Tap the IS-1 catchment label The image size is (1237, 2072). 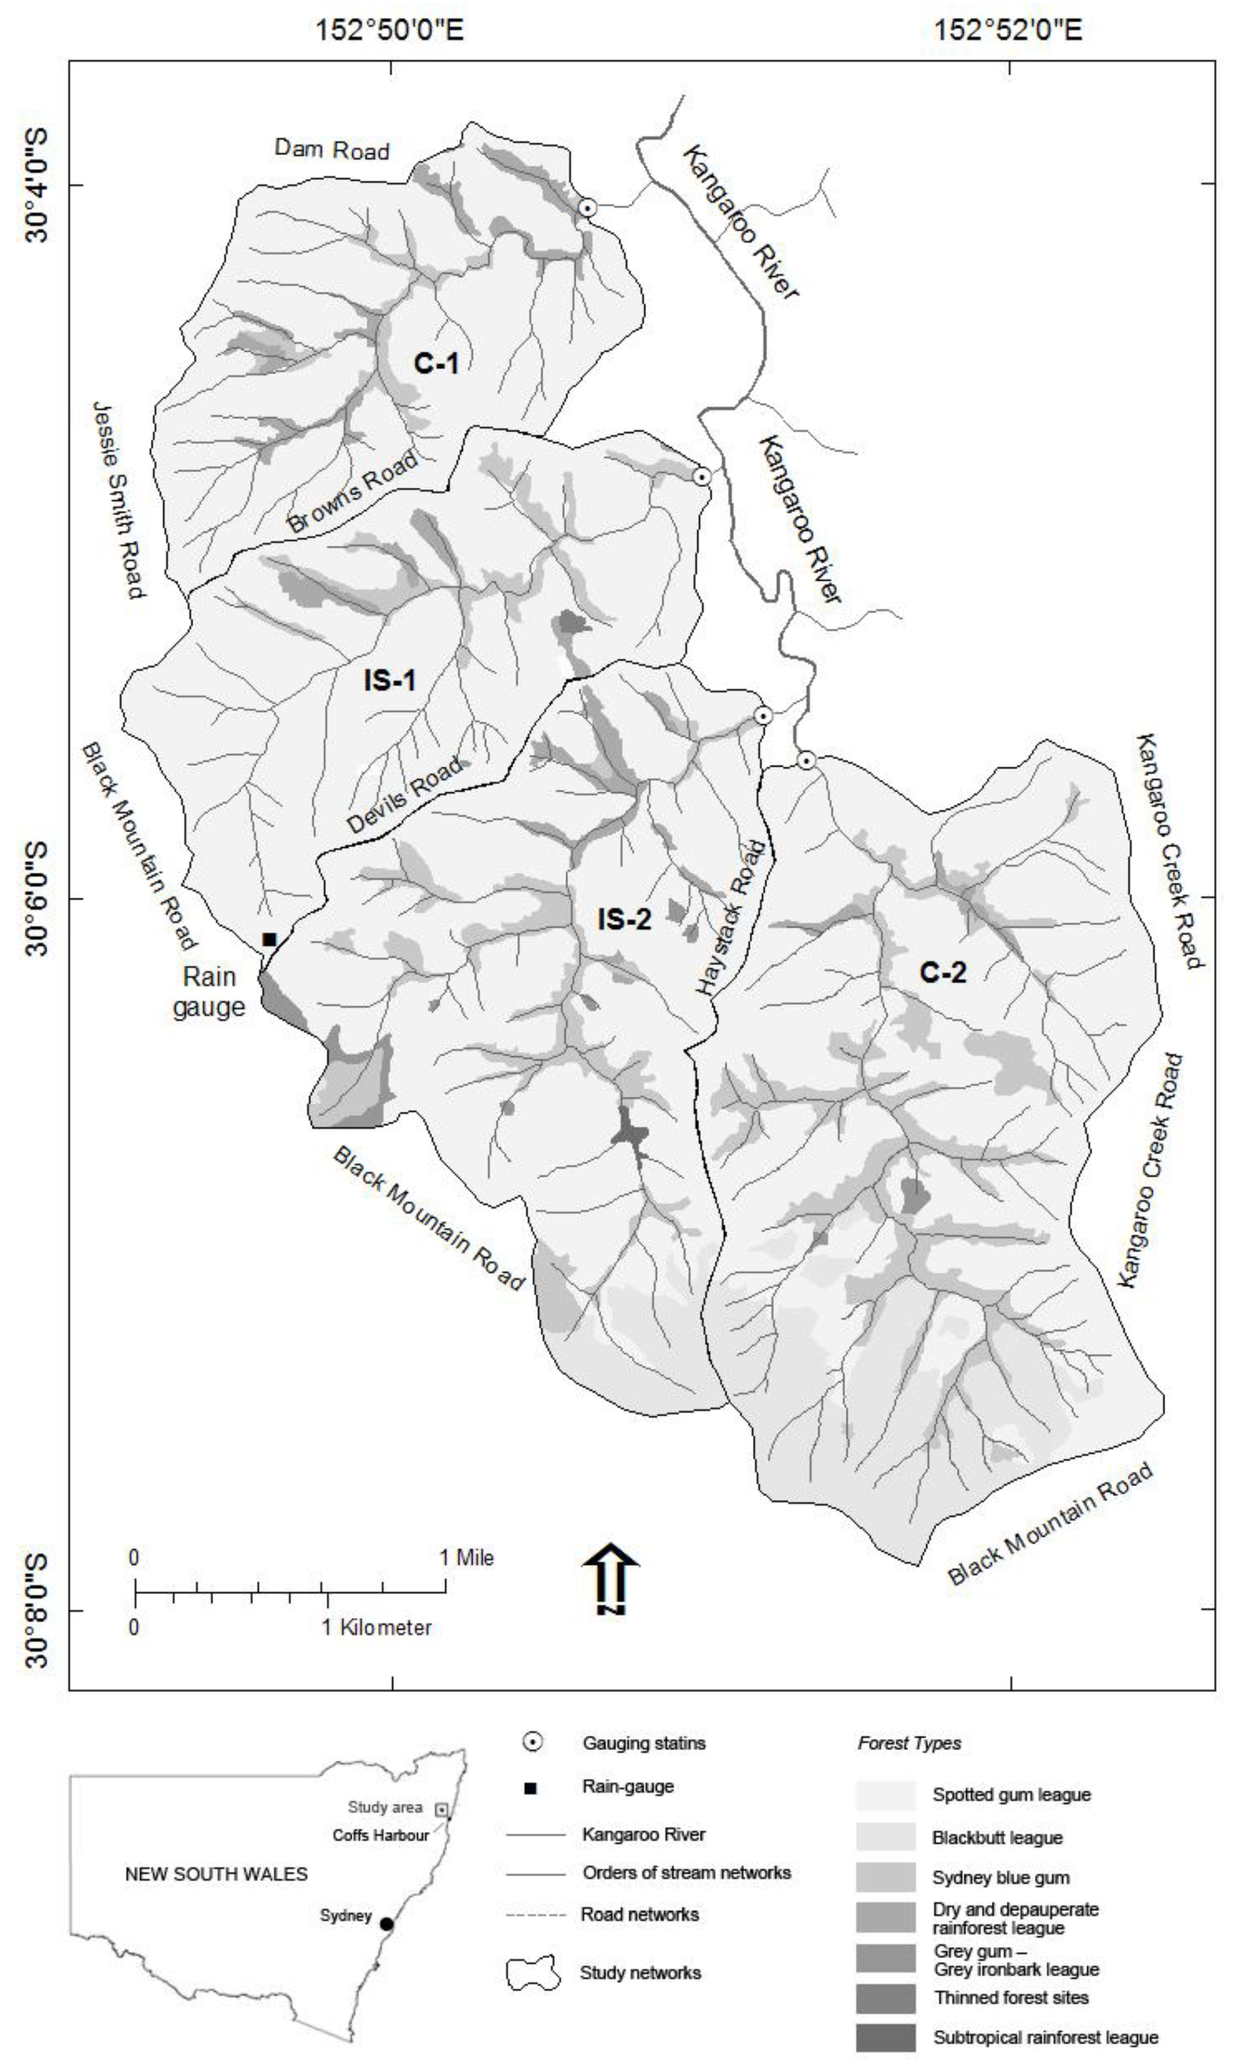click(x=389, y=681)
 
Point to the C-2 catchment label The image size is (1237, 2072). click(x=943, y=972)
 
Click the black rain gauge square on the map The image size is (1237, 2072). click(x=269, y=940)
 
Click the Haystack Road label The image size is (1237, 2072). click(x=731, y=917)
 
